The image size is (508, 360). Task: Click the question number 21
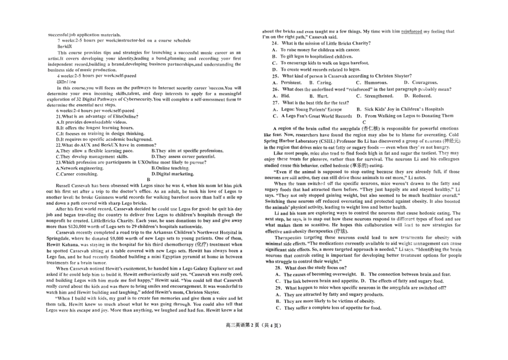coord(59,116)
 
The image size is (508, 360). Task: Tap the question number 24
coord(275,43)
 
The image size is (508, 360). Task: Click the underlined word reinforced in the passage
coord(412,32)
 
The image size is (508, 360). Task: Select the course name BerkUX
coord(64,47)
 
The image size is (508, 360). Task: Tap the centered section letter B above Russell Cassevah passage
coord(148,180)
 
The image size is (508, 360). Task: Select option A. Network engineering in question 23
coord(80,168)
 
